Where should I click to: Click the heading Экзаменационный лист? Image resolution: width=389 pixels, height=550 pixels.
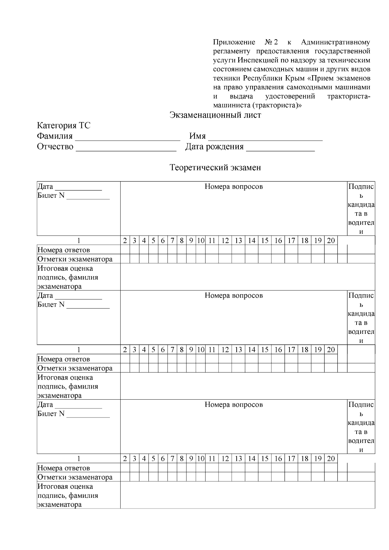pos(215,115)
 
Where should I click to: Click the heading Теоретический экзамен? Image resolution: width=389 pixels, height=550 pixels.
pos(215,168)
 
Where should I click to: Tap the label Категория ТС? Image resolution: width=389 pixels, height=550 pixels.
pos(64,125)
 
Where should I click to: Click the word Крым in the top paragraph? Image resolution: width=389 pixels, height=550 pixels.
pos(295,78)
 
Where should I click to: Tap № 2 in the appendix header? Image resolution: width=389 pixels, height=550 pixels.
pos(272,42)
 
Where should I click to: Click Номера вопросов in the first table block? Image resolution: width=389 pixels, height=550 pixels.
pos(233,187)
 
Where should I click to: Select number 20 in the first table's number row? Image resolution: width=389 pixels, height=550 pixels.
pos(331,240)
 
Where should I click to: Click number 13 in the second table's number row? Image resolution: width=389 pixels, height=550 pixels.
pos(238,350)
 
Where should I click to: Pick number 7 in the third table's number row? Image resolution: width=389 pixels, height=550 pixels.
pos(172,459)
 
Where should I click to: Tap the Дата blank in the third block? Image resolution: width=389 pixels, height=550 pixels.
pos(78,405)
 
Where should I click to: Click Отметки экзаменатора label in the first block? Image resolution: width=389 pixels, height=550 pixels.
pos(75,259)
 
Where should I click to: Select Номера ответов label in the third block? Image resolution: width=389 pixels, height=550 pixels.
pos(64,468)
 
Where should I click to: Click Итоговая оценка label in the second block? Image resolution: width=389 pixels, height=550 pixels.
pos(65,378)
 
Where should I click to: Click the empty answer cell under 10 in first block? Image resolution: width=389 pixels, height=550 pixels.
pos(201,250)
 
